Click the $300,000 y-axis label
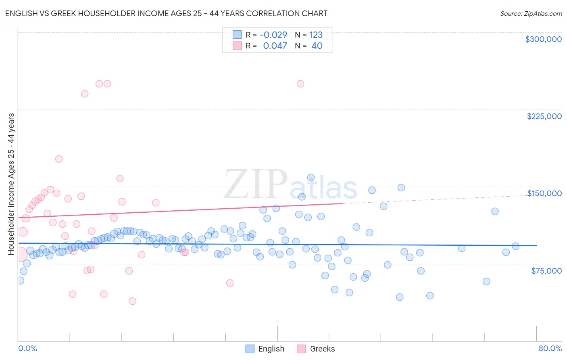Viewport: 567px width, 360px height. coord(543,39)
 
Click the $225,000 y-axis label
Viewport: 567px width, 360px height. coord(544,116)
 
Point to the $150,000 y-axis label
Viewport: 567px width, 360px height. coord(544,193)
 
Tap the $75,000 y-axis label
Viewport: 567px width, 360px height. coord(546,271)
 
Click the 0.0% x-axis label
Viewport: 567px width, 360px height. coord(27,348)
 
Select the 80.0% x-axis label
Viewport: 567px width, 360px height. coord(550,348)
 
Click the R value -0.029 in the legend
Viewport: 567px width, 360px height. coord(273,35)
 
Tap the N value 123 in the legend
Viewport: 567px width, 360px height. coord(316,35)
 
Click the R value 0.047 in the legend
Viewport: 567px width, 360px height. coord(275,46)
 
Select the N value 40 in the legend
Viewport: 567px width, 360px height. coord(317,46)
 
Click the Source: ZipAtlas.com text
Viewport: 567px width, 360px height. coord(531,14)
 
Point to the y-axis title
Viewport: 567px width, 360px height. coord(11,184)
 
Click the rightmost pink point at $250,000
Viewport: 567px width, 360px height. coord(300,84)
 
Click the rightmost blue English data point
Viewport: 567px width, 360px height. coord(515,246)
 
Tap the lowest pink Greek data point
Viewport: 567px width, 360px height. coord(132,301)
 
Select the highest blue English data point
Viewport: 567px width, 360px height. coord(311,178)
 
